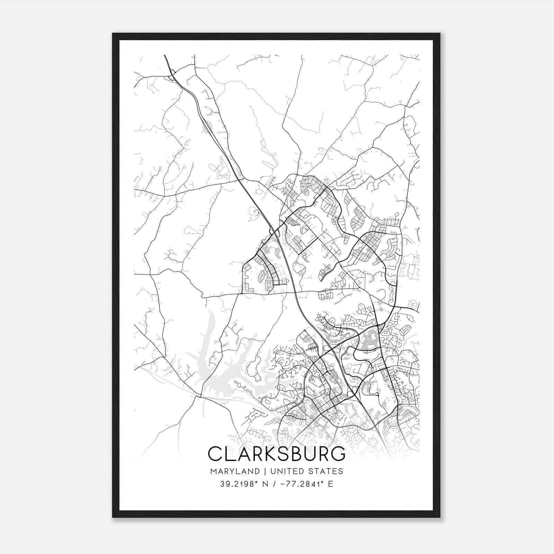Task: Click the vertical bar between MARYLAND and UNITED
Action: (265, 471)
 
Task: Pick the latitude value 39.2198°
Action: (239, 484)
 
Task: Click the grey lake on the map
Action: (222, 381)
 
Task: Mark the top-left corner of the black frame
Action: (113, 34)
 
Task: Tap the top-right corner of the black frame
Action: (440, 34)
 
